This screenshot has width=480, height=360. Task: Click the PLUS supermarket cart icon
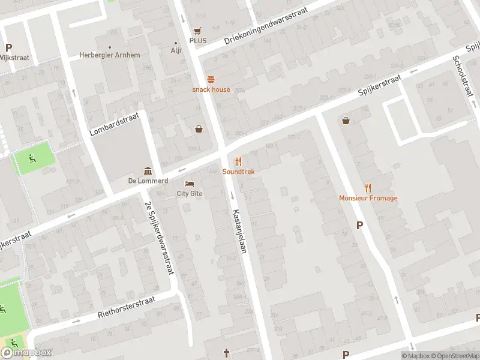pos(197,31)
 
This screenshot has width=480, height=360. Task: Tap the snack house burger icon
pos(211,79)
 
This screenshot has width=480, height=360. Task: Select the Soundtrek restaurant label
pos(238,172)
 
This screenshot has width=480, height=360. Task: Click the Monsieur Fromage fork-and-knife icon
pos(368,188)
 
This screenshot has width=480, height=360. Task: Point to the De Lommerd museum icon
pos(146,170)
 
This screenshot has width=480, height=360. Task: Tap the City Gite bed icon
pos(189,183)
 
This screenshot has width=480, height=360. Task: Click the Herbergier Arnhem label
pos(110,55)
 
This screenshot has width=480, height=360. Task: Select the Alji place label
pos(176,50)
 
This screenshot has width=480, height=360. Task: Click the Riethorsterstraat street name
pos(127,307)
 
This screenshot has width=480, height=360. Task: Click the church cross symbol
pos(226,353)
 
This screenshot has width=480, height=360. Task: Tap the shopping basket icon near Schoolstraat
pos(346,120)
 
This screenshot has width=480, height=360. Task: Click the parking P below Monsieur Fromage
pos(360,226)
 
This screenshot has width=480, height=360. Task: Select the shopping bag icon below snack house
pos(199,128)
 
